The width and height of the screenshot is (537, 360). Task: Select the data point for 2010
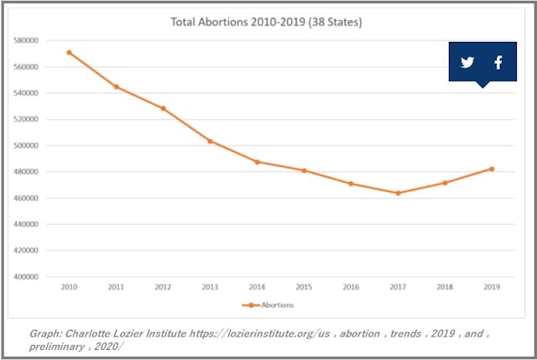point(69,52)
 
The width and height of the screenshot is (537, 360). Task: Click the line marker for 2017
point(398,193)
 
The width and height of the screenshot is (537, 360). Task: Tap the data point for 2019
point(492,169)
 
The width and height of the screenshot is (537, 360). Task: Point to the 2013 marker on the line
point(210,141)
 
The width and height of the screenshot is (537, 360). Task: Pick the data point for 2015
point(304,170)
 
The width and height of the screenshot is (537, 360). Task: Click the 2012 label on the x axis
point(163,287)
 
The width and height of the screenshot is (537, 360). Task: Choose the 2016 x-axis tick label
point(351,287)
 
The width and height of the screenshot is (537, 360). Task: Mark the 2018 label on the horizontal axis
point(445,287)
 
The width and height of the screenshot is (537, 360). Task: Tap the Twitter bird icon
point(467,63)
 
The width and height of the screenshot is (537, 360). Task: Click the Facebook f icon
point(498,63)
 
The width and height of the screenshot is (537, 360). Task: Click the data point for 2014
point(257,162)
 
